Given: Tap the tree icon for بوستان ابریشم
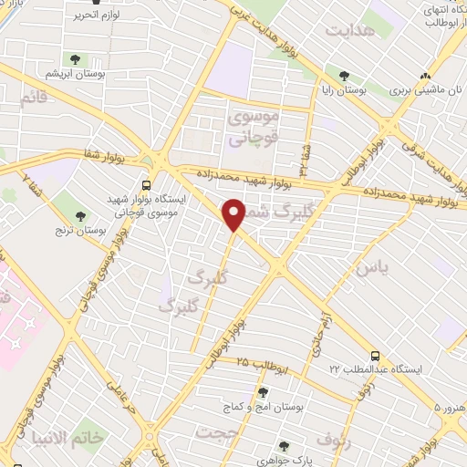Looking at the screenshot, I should [x=75, y=59].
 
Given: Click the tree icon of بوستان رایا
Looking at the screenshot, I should [x=343, y=77].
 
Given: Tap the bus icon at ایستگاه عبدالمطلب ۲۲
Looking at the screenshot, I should [x=375, y=356].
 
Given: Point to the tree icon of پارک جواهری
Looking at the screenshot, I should [x=284, y=446].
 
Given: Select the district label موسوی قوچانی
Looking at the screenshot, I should [x=249, y=130].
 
